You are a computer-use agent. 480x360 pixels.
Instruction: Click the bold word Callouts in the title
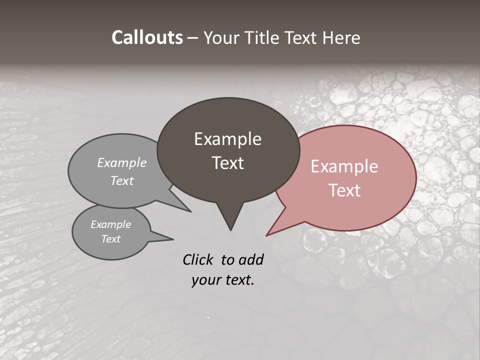click(x=147, y=37)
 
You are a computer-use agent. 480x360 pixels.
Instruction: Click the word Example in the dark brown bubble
click(x=227, y=139)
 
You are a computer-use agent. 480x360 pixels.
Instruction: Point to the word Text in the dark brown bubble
click(x=227, y=163)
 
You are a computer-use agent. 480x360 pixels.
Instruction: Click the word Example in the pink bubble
click(x=344, y=166)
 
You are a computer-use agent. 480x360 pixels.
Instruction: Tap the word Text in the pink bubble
click(x=344, y=190)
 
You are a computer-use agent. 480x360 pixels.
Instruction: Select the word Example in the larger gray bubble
click(x=122, y=163)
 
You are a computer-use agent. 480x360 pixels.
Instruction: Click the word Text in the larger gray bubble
click(x=122, y=180)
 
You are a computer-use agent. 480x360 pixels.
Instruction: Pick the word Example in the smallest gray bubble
click(x=110, y=224)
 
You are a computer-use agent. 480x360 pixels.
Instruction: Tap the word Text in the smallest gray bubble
click(x=110, y=239)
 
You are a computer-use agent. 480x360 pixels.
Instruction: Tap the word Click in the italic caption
click(x=199, y=259)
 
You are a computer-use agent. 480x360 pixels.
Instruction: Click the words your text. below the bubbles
click(x=222, y=280)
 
